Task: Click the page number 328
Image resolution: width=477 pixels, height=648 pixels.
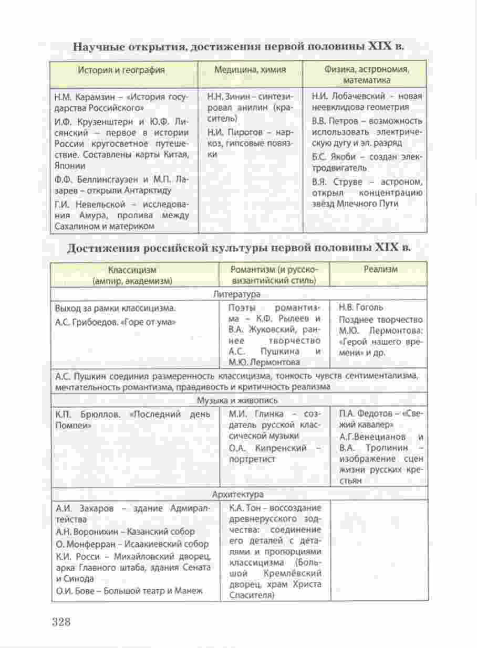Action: [61, 622]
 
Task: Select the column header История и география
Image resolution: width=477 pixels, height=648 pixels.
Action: [121, 70]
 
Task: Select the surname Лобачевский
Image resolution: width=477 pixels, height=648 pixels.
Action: [356, 97]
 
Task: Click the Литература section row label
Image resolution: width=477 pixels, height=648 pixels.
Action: [236, 294]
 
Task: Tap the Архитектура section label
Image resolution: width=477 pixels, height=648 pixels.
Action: [237, 494]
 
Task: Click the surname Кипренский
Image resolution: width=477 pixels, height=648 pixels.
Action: [283, 448]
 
